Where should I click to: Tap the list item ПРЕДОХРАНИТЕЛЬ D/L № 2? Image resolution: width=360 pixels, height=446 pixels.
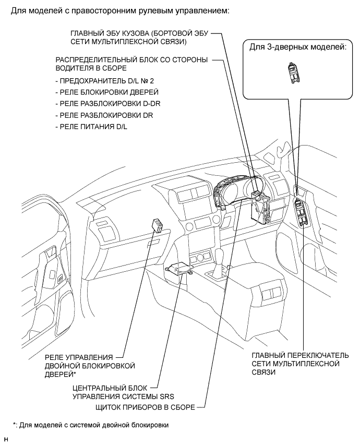(x=104, y=81)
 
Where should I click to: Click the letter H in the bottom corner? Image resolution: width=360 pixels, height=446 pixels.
(x=6, y=440)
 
